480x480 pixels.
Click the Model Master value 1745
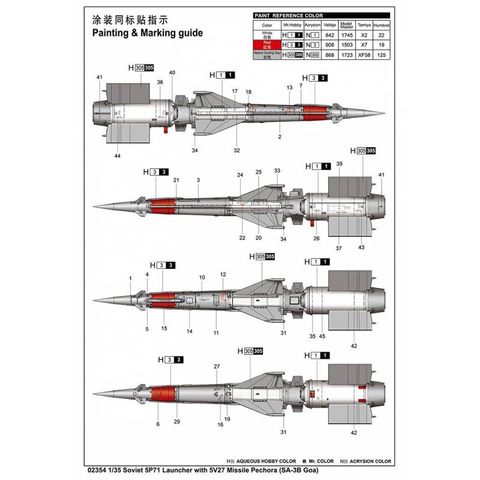pyautogui.click(x=346, y=35)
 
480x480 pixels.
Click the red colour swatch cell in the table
pyautogui.click(x=267, y=44)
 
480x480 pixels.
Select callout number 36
pyautogui.click(x=160, y=82)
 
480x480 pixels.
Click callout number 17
pyautogui.click(x=235, y=91)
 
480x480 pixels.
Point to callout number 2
pyautogui.click(x=280, y=137)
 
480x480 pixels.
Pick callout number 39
pyautogui.click(x=340, y=164)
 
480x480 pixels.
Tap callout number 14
pyautogui.click(x=189, y=331)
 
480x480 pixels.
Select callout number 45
pyautogui.click(x=322, y=336)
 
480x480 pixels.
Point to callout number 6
pyautogui.click(x=158, y=424)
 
